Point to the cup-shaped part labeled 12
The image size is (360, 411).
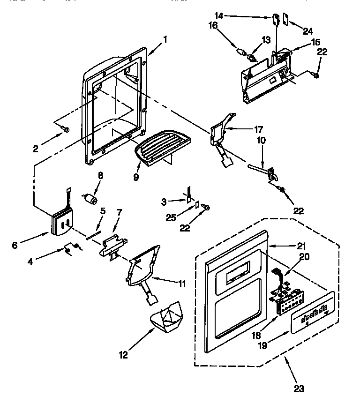pos(167,320)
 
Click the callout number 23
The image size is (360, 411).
pos(299,389)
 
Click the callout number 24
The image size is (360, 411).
pos(307,31)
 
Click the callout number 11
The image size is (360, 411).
pos(182,283)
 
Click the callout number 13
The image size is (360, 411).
pos(266,40)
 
